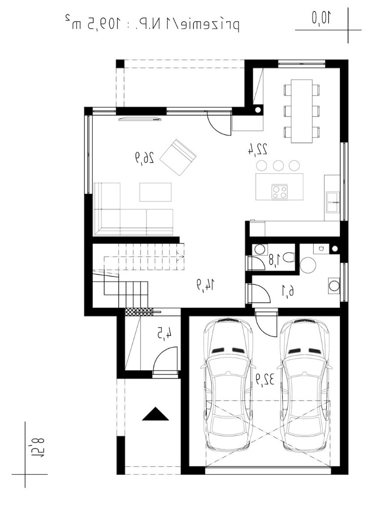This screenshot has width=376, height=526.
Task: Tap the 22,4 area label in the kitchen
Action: (x=257, y=149)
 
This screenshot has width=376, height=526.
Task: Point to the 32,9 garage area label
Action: (x=265, y=379)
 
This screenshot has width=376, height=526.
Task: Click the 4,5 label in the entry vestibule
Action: (x=165, y=334)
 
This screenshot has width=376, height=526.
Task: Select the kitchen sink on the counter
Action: (x=333, y=202)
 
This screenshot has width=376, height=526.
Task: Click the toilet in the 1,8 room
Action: (x=288, y=258)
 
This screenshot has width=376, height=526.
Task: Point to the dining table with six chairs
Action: (x=301, y=111)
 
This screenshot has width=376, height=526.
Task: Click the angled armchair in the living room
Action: (x=178, y=157)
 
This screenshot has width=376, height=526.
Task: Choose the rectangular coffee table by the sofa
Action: (x=156, y=192)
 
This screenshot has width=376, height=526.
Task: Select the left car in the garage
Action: (x=227, y=384)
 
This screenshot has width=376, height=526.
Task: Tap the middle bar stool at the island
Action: (x=278, y=166)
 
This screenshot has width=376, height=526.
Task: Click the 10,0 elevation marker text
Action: (x=321, y=18)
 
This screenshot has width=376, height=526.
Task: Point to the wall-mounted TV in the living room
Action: (x=140, y=118)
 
